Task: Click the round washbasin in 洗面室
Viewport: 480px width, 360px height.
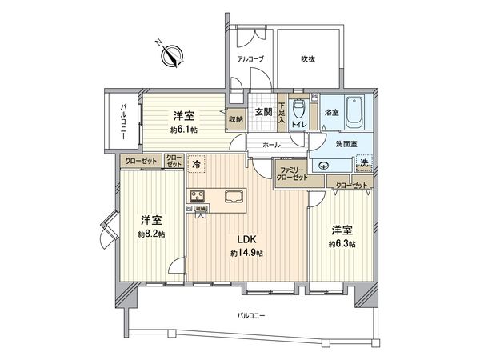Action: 324,166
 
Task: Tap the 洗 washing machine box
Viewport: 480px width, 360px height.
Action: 363,164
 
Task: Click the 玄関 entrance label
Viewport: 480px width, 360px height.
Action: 265,113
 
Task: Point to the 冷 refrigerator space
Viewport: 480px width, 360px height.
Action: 197,164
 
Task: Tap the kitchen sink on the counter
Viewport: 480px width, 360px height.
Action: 234,197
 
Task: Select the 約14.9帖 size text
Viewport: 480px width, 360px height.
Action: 247,254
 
